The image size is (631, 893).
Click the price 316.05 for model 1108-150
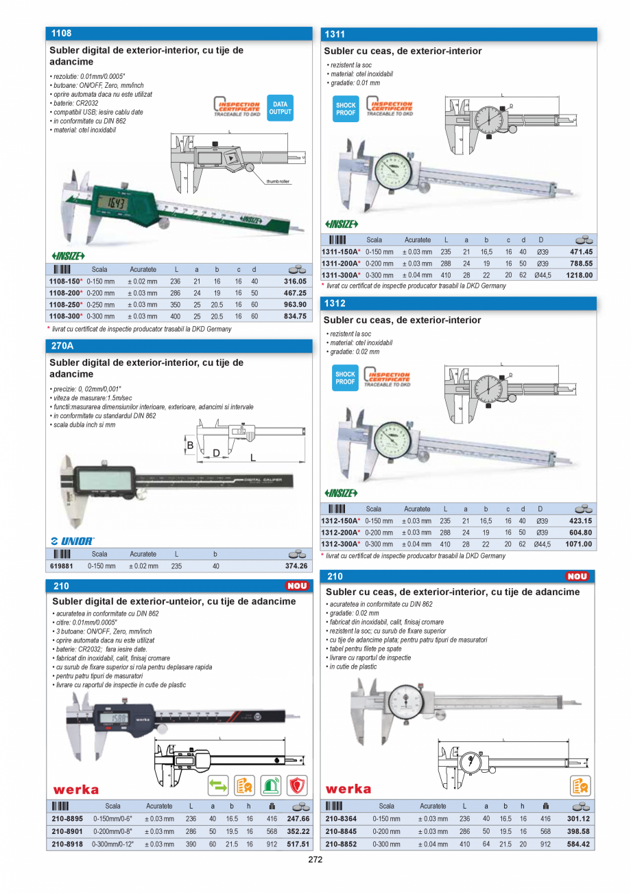295,281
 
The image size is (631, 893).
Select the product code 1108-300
64,316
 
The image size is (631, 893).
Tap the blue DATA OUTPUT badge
280,108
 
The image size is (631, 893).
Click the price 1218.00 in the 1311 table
579,275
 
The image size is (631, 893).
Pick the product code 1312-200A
340,533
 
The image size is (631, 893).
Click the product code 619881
61,566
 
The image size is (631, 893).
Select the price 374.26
296,566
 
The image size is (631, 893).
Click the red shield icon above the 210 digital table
297,786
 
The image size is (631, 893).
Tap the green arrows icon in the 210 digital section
217,786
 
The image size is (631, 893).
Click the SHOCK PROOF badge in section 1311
346,109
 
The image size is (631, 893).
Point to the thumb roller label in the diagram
278,181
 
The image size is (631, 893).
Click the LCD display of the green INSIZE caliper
112,204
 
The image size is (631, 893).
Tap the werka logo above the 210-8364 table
348,789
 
